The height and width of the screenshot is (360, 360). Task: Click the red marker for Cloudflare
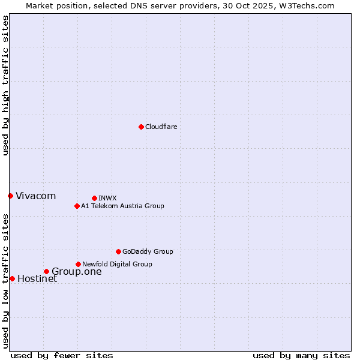[x=141, y=127]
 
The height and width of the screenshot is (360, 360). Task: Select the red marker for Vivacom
[x=10, y=196]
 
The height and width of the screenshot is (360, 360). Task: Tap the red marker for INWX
[x=94, y=198]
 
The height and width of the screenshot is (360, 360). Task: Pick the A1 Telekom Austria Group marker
[x=77, y=206]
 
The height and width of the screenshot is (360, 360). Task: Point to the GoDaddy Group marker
[x=118, y=251]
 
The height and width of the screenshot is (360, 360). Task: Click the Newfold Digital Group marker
[x=78, y=264]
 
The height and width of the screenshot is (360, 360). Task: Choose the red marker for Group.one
[x=46, y=271]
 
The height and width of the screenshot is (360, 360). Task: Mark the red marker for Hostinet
[x=12, y=278]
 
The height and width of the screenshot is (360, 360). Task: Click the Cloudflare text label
[x=161, y=127]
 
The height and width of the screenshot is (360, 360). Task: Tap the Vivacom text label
[x=35, y=196]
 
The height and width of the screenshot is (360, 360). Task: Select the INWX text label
[x=107, y=198]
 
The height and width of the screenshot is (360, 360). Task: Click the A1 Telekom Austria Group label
[x=122, y=206]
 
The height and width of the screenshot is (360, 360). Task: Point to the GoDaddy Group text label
[x=148, y=251]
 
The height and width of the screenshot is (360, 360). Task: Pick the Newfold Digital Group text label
[x=117, y=264]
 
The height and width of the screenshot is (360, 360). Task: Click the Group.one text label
[x=76, y=271]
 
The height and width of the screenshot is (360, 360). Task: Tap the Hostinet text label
[x=37, y=278]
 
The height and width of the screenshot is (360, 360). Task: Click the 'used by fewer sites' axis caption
[x=62, y=355]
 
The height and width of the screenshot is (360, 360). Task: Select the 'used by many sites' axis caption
[x=301, y=355]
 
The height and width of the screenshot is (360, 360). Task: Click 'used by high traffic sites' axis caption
[x=5, y=85]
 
